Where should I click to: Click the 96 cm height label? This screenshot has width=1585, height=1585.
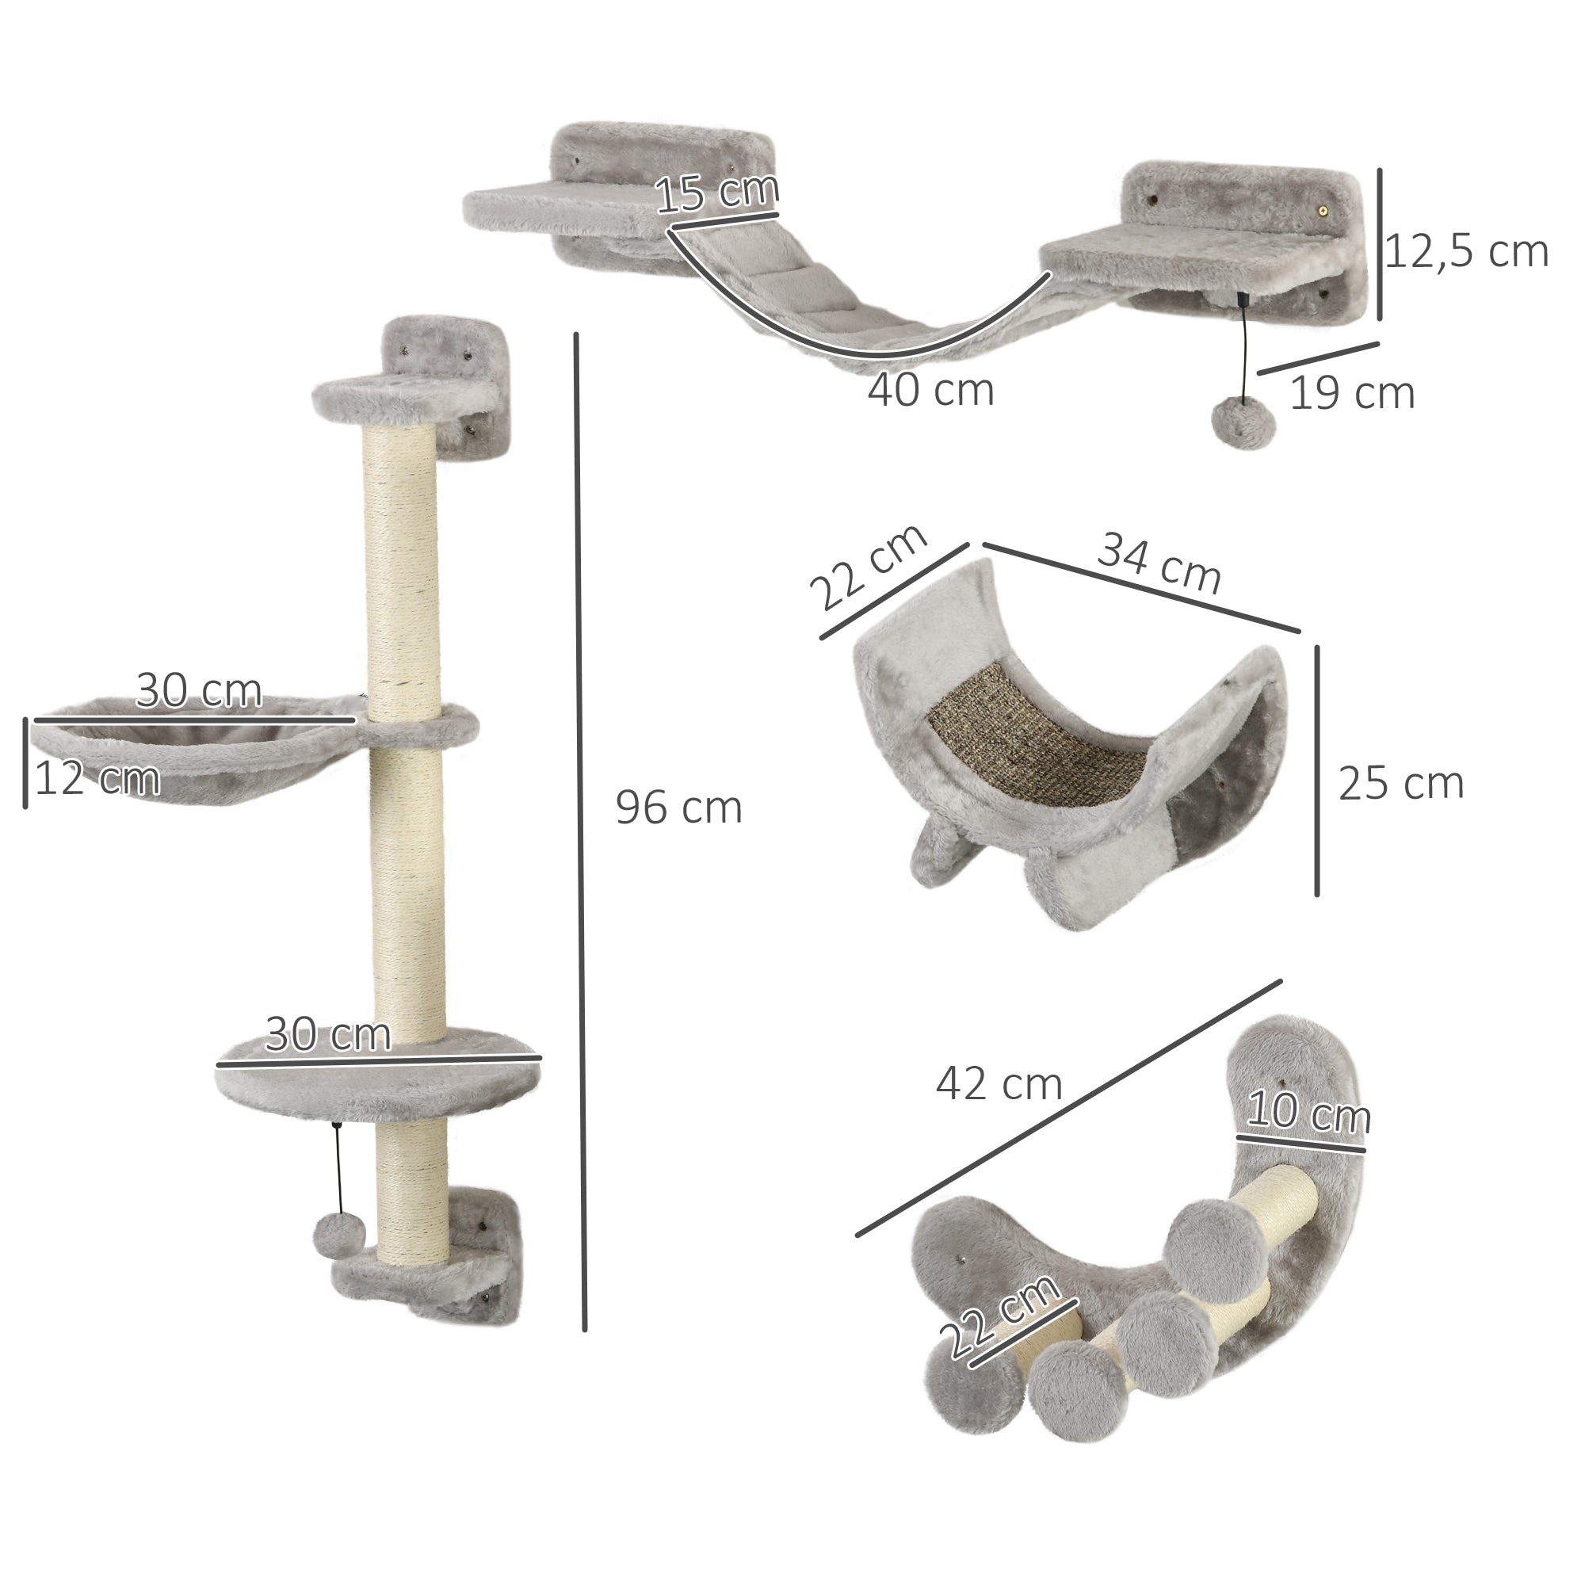678,808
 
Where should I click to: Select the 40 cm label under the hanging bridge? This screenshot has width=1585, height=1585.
930,390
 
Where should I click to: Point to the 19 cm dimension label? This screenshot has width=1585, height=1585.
1352,393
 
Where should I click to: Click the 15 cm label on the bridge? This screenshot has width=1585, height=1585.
716,193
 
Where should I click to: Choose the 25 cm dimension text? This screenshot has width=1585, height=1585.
1400,784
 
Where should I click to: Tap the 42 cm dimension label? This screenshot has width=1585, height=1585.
999,1085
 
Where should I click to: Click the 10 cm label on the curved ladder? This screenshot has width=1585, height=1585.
1308,1113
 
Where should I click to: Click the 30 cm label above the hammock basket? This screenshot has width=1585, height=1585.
199,691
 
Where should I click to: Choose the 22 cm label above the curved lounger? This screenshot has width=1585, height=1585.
868,567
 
